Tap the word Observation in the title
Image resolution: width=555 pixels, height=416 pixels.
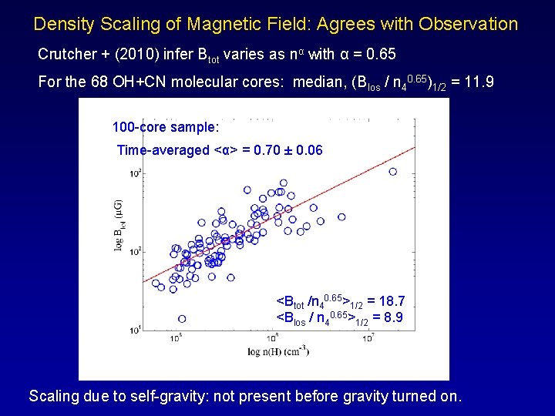pyautogui.click(x=469, y=24)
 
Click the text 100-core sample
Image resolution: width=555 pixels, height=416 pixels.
pyautogui.click(x=166, y=126)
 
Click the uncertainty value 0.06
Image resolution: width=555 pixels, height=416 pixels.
pyautogui.click(x=308, y=150)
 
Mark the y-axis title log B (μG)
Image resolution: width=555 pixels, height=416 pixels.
pyautogui.click(x=119, y=224)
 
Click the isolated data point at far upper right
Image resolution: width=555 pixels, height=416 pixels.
pyautogui.click(x=393, y=172)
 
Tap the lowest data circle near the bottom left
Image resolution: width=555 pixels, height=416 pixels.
pyautogui.click(x=182, y=318)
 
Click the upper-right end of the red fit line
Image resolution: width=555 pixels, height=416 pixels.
pyautogui.click(x=414, y=147)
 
